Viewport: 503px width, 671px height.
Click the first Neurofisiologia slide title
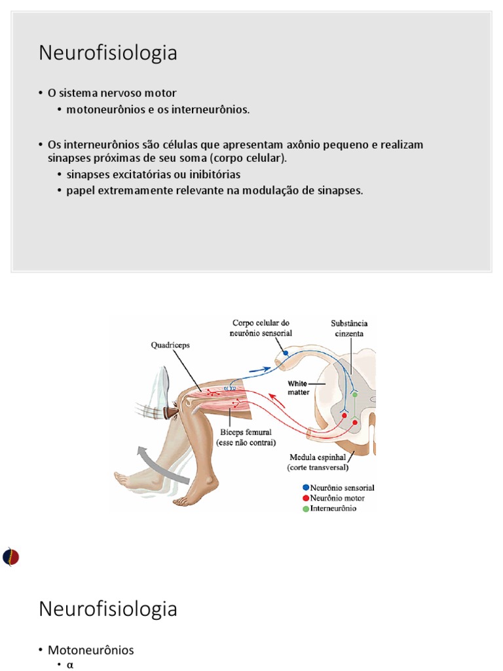[x=107, y=53]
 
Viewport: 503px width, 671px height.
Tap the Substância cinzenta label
[x=349, y=328]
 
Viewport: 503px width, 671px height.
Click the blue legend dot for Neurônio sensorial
[x=305, y=488]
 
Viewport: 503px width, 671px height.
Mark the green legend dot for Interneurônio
[x=305, y=509]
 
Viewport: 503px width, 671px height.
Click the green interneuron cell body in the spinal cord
[x=355, y=394]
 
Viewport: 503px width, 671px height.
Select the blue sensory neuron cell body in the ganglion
[x=285, y=353]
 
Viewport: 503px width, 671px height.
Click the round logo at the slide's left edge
[x=10, y=557]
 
